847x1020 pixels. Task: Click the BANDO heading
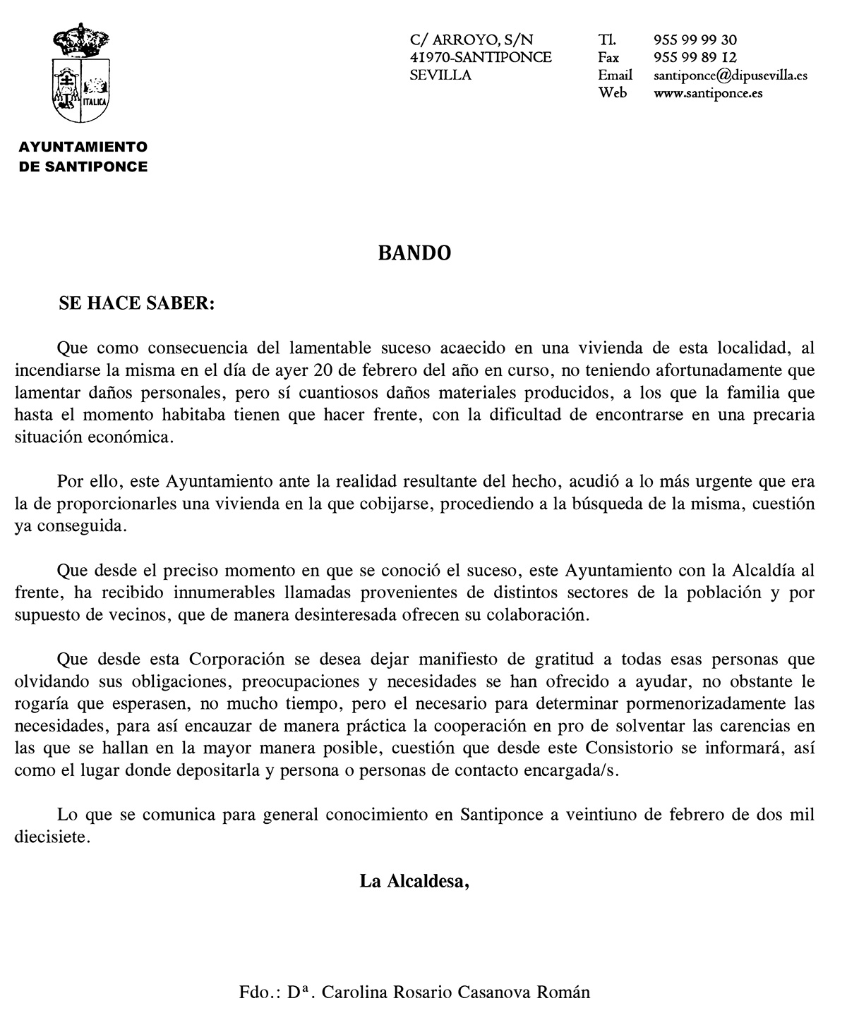pos(414,253)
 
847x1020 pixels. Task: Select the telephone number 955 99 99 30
pos(695,40)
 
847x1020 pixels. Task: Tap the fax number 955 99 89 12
pos(695,58)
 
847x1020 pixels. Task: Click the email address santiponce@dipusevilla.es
pos(731,75)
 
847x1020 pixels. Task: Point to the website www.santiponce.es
pos(708,92)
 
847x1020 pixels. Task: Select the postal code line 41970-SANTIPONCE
pos(481,58)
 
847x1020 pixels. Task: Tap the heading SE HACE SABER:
pos(136,303)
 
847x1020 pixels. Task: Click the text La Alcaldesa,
pos(414,880)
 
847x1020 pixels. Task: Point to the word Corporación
pos(236,660)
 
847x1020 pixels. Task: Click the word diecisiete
pos(52,837)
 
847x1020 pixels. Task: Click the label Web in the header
pos(612,92)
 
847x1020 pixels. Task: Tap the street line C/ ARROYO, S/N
pos(471,40)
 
